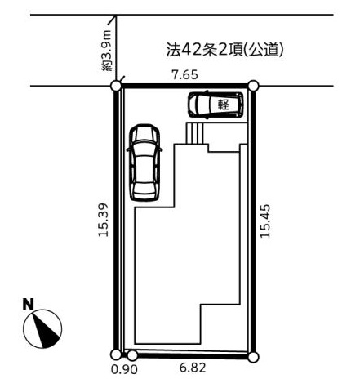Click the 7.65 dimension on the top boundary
click(184, 74)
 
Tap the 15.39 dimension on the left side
click(104, 220)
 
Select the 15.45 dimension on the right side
click(265, 221)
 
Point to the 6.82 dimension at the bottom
click(193, 368)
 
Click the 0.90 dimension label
click(124, 369)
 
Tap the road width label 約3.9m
click(106, 51)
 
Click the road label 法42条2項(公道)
click(224, 50)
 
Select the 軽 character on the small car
click(223, 105)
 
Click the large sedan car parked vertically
click(144, 163)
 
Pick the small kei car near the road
click(216, 105)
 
